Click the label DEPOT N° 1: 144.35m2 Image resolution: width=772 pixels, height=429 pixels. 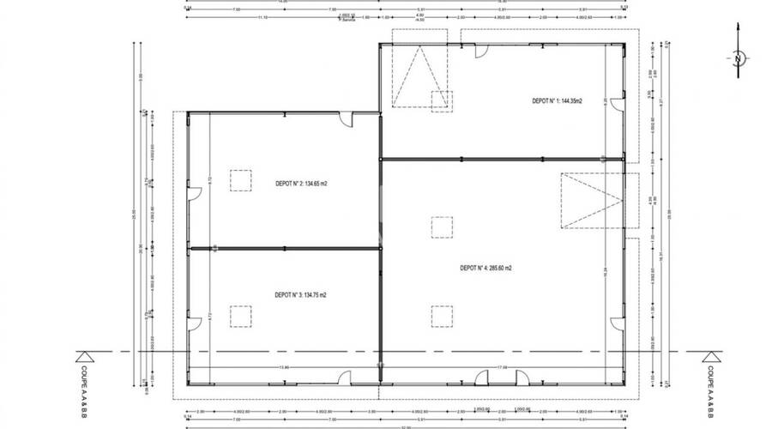pos(557,101)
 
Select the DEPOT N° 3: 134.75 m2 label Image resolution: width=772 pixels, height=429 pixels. pos(300,294)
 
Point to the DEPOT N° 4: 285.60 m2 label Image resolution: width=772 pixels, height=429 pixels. pos(486,268)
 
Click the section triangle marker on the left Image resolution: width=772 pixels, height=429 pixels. pos(85,356)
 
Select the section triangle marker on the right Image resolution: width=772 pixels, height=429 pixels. pos(710,356)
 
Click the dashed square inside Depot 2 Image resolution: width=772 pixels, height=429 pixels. pos(240,180)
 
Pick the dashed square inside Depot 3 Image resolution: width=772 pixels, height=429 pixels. pos(240,315)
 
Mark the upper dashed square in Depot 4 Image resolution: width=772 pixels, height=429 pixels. pos(442,227)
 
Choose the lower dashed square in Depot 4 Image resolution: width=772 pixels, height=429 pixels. pos(442,316)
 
